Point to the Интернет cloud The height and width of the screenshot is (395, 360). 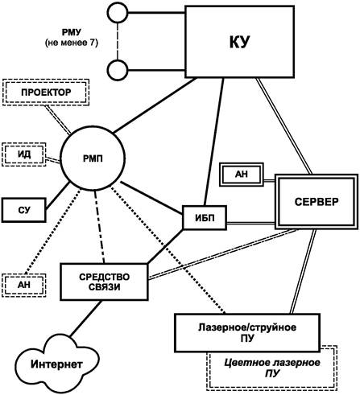[56, 364]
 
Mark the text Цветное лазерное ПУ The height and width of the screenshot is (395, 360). [272, 368]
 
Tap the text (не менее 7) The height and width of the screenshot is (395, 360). [72, 43]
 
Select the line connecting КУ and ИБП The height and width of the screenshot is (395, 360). [213, 142]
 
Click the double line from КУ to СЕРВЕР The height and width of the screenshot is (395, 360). [283, 126]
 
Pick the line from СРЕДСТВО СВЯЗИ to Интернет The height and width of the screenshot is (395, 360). [85, 318]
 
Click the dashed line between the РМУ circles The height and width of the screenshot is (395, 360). [118, 41]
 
